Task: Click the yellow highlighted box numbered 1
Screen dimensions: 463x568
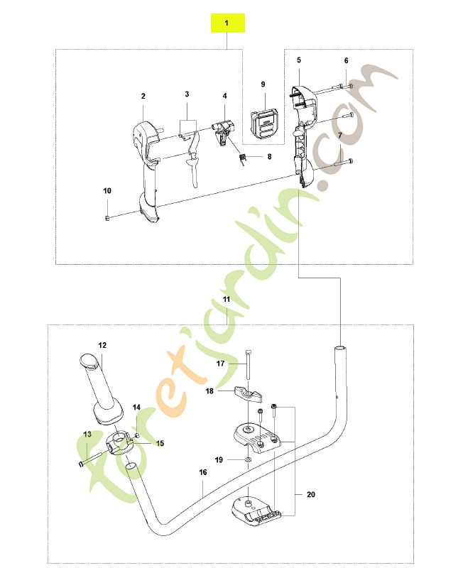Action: (228, 23)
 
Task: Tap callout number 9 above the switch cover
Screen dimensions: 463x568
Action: (263, 84)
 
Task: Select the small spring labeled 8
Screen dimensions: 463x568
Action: (244, 158)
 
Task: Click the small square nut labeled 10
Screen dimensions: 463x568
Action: (107, 217)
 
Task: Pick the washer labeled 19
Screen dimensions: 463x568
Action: (248, 459)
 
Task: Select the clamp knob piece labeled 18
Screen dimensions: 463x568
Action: (248, 395)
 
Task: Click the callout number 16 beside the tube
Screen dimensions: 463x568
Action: (203, 472)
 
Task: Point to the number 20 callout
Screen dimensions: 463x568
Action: (311, 494)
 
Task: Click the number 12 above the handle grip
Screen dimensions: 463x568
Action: (102, 345)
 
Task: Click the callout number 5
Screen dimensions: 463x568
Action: (299, 60)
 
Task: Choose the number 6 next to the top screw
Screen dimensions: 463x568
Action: (346, 60)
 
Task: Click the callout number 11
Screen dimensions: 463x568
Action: (227, 299)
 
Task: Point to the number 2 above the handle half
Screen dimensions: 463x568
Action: (143, 96)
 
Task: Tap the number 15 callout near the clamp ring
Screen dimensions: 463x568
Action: (160, 443)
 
